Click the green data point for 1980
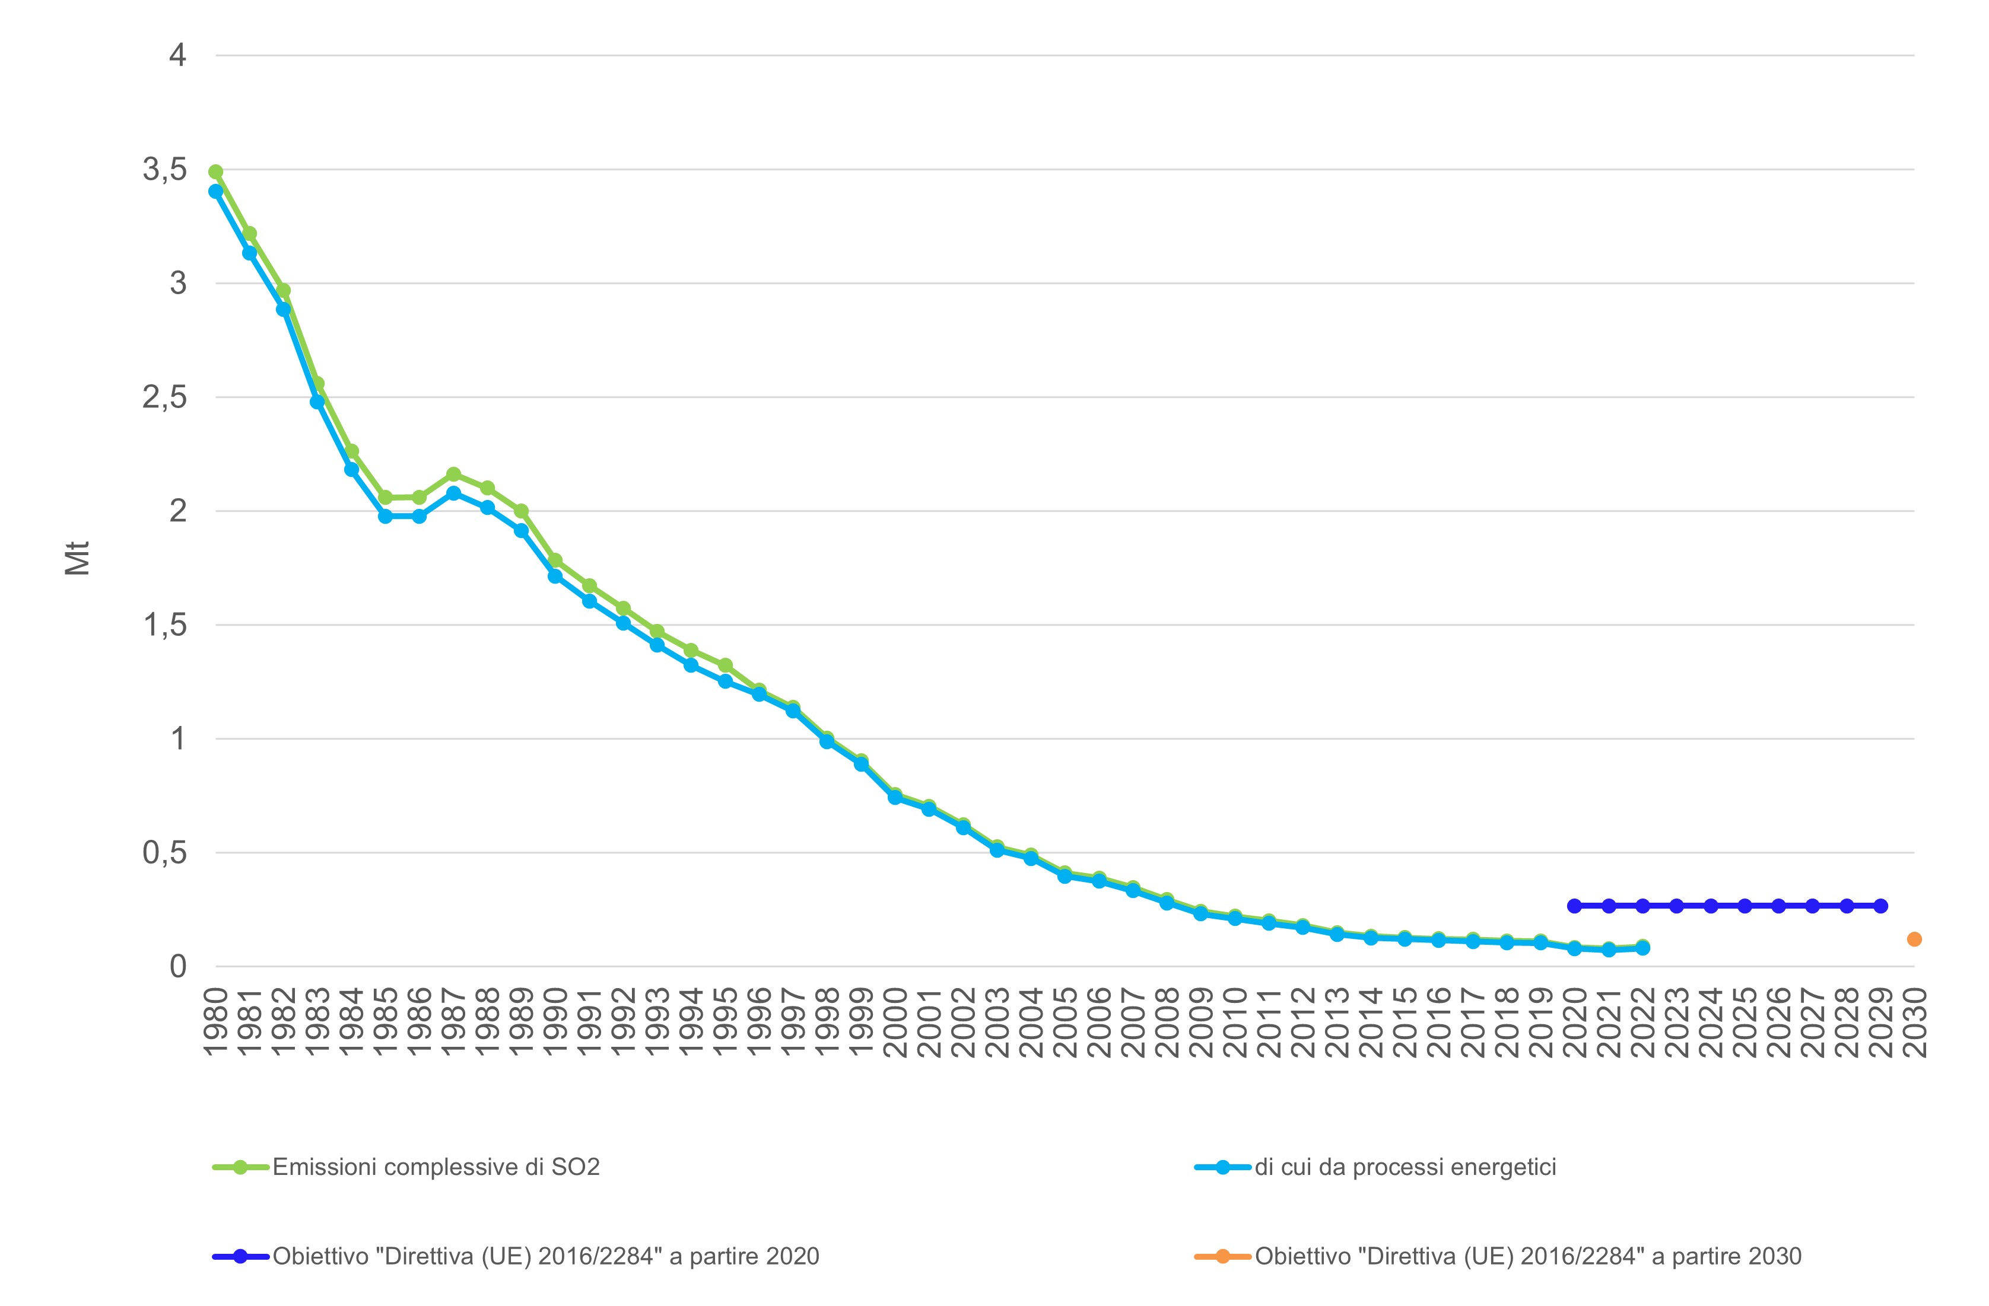pos(215,172)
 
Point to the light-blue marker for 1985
pos(385,517)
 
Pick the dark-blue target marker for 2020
pos(1574,906)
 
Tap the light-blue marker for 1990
pos(555,576)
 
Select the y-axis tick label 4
pos(177,55)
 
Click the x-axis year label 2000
pos(895,1022)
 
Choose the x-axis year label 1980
pos(215,1022)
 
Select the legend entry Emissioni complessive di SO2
pos(406,1167)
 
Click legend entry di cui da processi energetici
pos(1375,1167)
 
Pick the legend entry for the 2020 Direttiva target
pos(516,1256)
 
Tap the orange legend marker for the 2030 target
pos(1222,1256)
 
